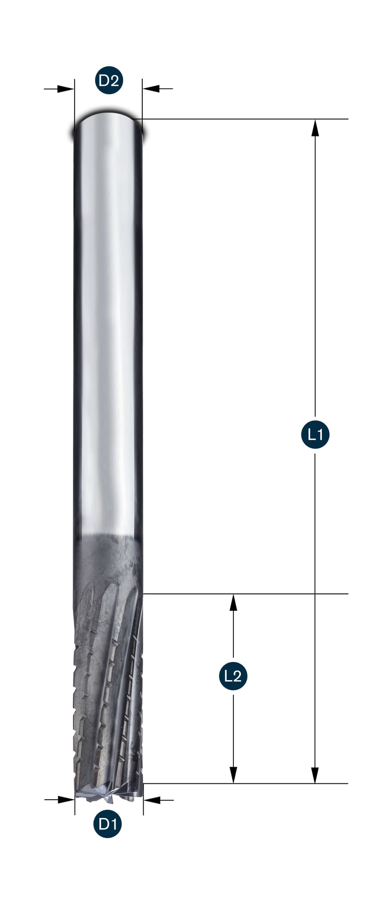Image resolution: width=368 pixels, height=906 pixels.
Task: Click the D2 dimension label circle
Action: pyautogui.click(x=109, y=80)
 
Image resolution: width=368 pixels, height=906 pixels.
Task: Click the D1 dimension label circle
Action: pyautogui.click(x=108, y=824)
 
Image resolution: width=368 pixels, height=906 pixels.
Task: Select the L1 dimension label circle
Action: pyautogui.click(x=315, y=434)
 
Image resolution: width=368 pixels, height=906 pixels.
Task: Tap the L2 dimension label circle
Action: pyautogui.click(x=233, y=676)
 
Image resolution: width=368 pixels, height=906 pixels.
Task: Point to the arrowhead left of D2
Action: pyautogui.click(x=66, y=89)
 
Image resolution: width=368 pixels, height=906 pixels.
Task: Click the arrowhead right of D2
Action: pyautogui.click(x=151, y=89)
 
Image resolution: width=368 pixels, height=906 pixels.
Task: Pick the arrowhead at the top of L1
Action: pyautogui.click(x=315, y=128)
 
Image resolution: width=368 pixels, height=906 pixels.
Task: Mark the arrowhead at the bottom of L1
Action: pyautogui.click(x=315, y=775)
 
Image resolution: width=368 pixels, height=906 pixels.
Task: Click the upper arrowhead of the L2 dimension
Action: pyautogui.click(x=233, y=602)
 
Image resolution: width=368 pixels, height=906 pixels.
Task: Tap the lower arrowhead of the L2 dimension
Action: pyautogui.click(x=233, y=775)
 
